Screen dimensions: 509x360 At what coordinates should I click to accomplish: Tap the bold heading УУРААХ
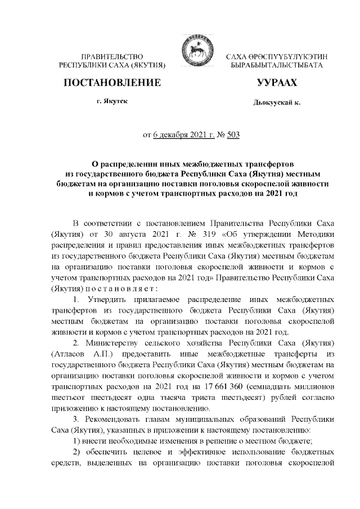coord(276,83)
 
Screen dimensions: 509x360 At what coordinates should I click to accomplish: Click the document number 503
coord(233,135)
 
